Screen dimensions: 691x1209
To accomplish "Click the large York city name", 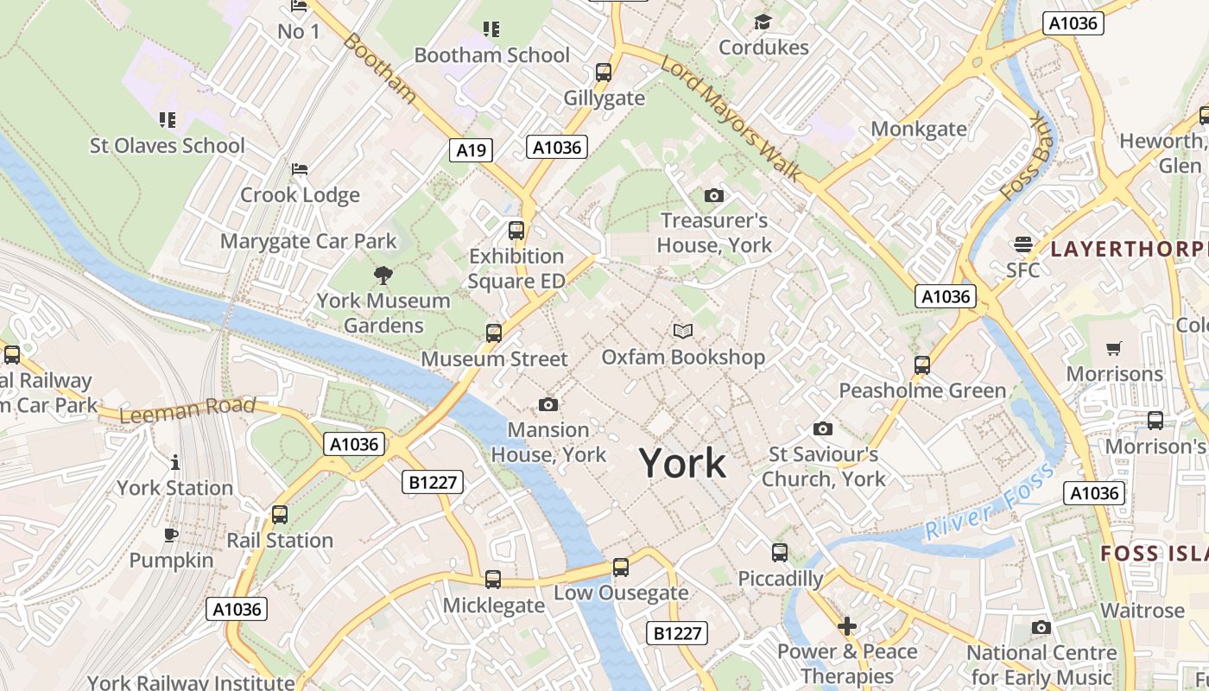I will pos(682,464).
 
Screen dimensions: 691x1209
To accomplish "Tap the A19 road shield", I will pos(471,149).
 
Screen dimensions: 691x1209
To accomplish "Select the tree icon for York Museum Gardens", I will pos(383,276).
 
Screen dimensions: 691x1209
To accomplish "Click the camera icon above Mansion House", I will pos(548,404).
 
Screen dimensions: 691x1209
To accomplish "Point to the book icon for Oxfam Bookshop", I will pos(682,331).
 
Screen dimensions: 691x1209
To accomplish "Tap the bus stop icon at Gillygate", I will pos(604,73).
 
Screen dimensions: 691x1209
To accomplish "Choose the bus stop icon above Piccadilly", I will pos(779,553).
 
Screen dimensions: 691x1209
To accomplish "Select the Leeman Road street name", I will pos(187,409).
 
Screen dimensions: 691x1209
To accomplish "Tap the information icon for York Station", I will pos(175,462).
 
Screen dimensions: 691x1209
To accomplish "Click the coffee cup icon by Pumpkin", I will pos(171,535).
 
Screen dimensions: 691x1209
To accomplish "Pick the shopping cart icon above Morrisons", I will pos(1114,349).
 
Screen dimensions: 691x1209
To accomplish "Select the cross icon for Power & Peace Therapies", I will pos(846,626).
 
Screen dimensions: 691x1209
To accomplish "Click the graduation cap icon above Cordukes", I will pos(763,22).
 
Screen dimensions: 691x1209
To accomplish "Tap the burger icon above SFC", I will pos(1023,244).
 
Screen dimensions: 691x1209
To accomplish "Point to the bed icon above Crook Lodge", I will pos(299,168).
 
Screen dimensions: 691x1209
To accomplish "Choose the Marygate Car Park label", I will pos(308,241).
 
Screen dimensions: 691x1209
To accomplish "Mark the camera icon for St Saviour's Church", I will pos(822,428).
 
